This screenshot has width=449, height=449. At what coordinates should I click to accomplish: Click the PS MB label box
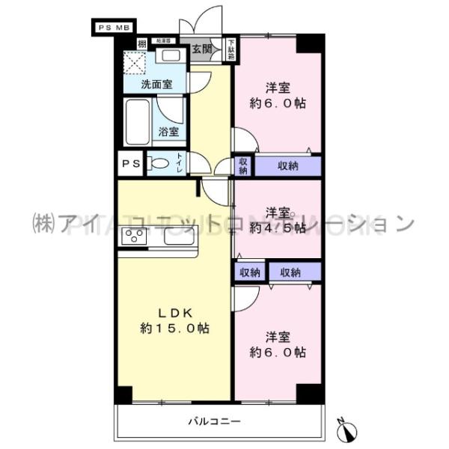(114, 27)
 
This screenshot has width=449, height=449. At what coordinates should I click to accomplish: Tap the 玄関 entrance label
(201, 49)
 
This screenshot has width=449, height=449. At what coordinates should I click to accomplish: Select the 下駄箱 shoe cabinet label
(230, 49)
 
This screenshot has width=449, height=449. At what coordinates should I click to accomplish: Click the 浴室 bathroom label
(168, 132)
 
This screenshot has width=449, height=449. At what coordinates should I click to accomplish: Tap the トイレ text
(180, 163)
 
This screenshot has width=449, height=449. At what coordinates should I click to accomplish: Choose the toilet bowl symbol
(159, 164)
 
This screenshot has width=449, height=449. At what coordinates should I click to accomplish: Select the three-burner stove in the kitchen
(135, 238)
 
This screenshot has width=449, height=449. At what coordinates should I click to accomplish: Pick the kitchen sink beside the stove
(180, 238)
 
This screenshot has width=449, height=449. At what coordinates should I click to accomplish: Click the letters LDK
(173, 311)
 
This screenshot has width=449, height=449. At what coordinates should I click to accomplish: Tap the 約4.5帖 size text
(278, 226)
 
